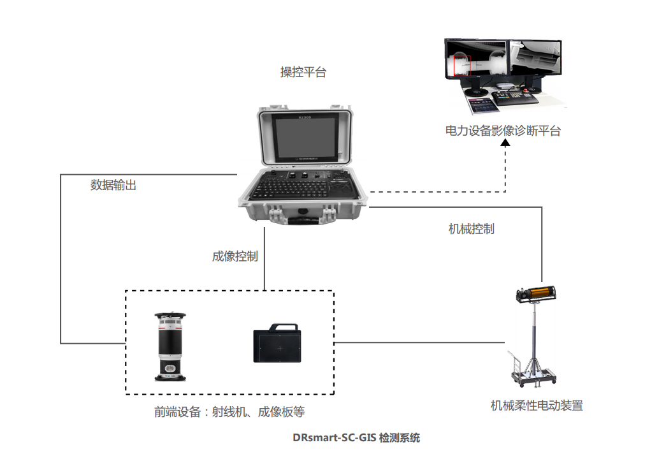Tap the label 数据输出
[113, 186]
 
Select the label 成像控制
[235, 256]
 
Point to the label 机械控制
[472, 228]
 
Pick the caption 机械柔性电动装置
[537, 405]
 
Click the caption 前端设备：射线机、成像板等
[229, 412]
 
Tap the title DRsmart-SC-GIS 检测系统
[356, 438]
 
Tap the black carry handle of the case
[303, 220]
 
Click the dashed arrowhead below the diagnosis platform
[505, 144]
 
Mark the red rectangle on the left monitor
[461, 66]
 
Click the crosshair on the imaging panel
[279, 349]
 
